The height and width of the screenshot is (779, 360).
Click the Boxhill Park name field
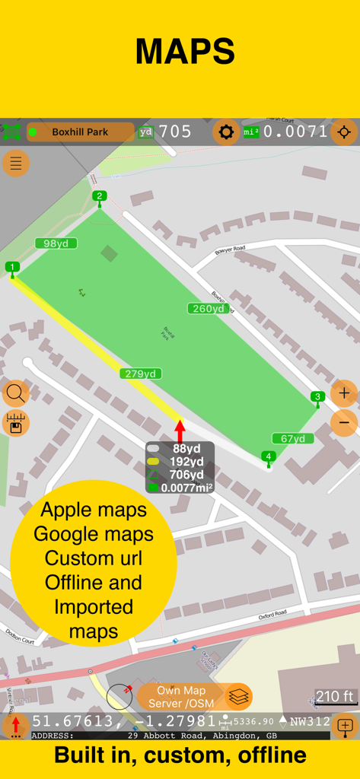(80, 132)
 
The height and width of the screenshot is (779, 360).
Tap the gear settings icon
(225, 132)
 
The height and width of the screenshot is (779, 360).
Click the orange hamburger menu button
(16, 163)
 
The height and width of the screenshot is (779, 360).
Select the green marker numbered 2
(100, 196)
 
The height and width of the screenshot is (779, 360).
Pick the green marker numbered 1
(11, 267)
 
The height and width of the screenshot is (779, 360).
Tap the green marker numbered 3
(318, 396)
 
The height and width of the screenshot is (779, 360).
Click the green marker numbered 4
(268, 456)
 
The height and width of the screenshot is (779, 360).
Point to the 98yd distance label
(56, 243)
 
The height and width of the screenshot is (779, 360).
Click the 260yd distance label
(208, 308)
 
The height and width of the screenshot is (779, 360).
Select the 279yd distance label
(141, 374)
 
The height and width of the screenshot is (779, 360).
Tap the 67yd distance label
(293, 438)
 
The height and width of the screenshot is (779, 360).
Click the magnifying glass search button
(15, 393)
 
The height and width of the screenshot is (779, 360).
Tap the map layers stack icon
(239, 697)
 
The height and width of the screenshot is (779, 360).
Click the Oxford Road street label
(272, 614)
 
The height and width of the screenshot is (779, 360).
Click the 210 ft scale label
(336, 696)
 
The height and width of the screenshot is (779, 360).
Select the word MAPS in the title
(185, 51)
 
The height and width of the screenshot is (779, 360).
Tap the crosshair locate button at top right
(344, 132)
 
